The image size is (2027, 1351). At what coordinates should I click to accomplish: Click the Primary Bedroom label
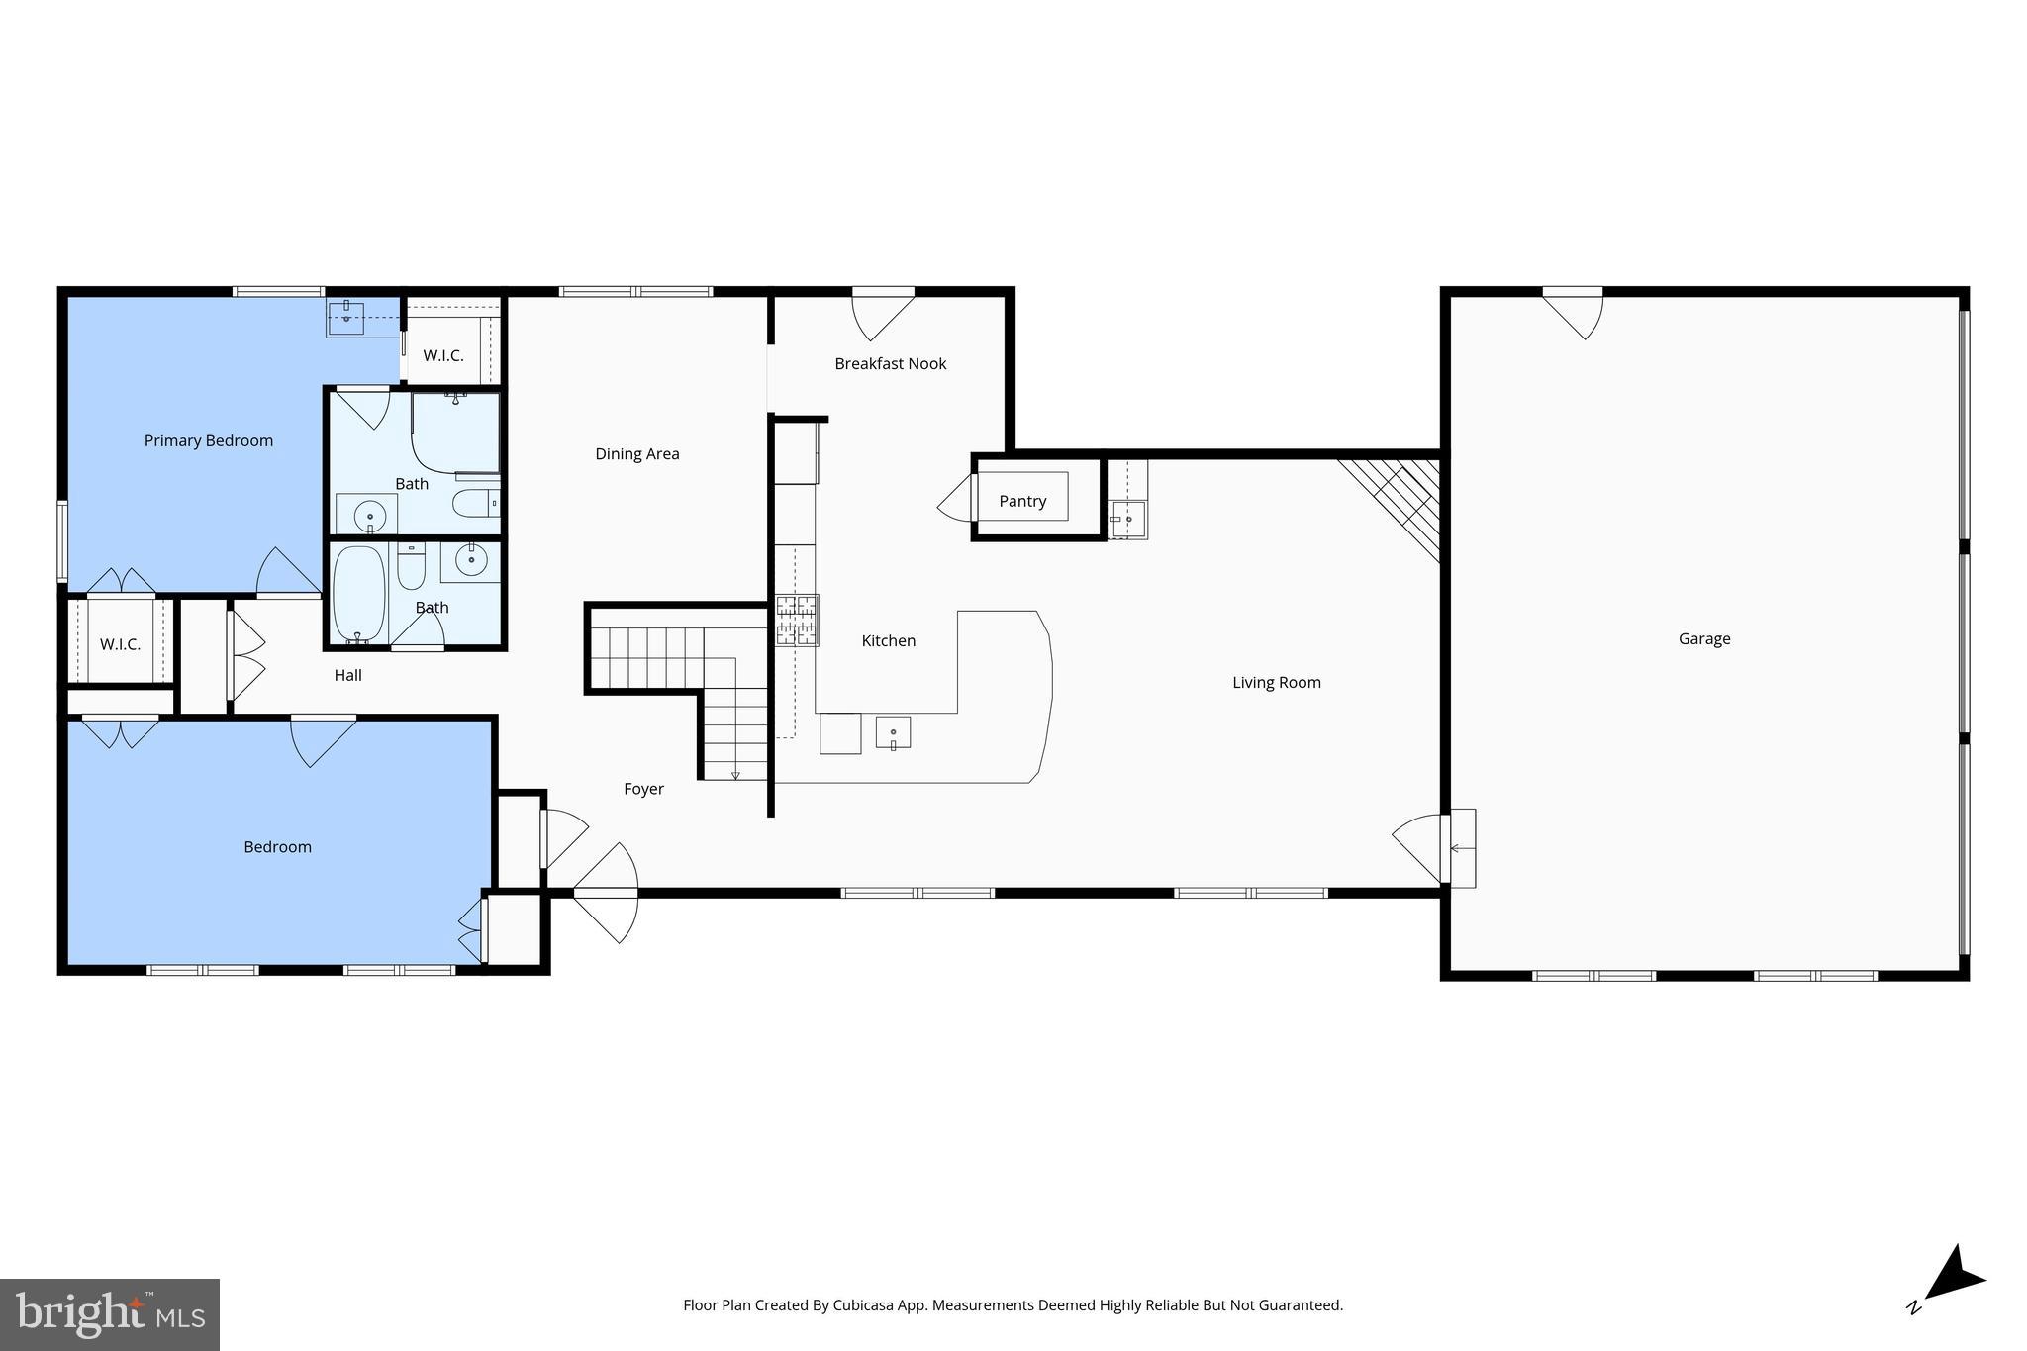point(208,440)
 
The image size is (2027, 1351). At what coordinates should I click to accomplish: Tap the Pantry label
point(1022,501)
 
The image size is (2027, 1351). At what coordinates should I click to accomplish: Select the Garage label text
point(1703,638)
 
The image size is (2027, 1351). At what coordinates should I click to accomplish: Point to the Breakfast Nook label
point(890,363)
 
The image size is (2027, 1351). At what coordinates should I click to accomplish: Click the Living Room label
point(1276,682)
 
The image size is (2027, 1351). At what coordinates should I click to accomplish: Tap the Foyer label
point(643,789)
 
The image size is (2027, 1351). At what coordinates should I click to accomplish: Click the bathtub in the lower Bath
point(357,594)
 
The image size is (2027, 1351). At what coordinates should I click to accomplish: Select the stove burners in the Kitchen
point(797,621)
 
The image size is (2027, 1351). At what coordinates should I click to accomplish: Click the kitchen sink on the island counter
point(893,732)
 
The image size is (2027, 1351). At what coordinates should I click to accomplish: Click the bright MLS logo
point(109,1314)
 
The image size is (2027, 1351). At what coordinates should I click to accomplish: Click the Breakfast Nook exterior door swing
point(882,314)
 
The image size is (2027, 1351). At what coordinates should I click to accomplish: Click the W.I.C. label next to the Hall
point(120,644)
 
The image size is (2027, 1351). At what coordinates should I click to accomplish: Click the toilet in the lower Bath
point(412,566)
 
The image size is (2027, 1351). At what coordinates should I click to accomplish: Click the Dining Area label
point(636,454)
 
